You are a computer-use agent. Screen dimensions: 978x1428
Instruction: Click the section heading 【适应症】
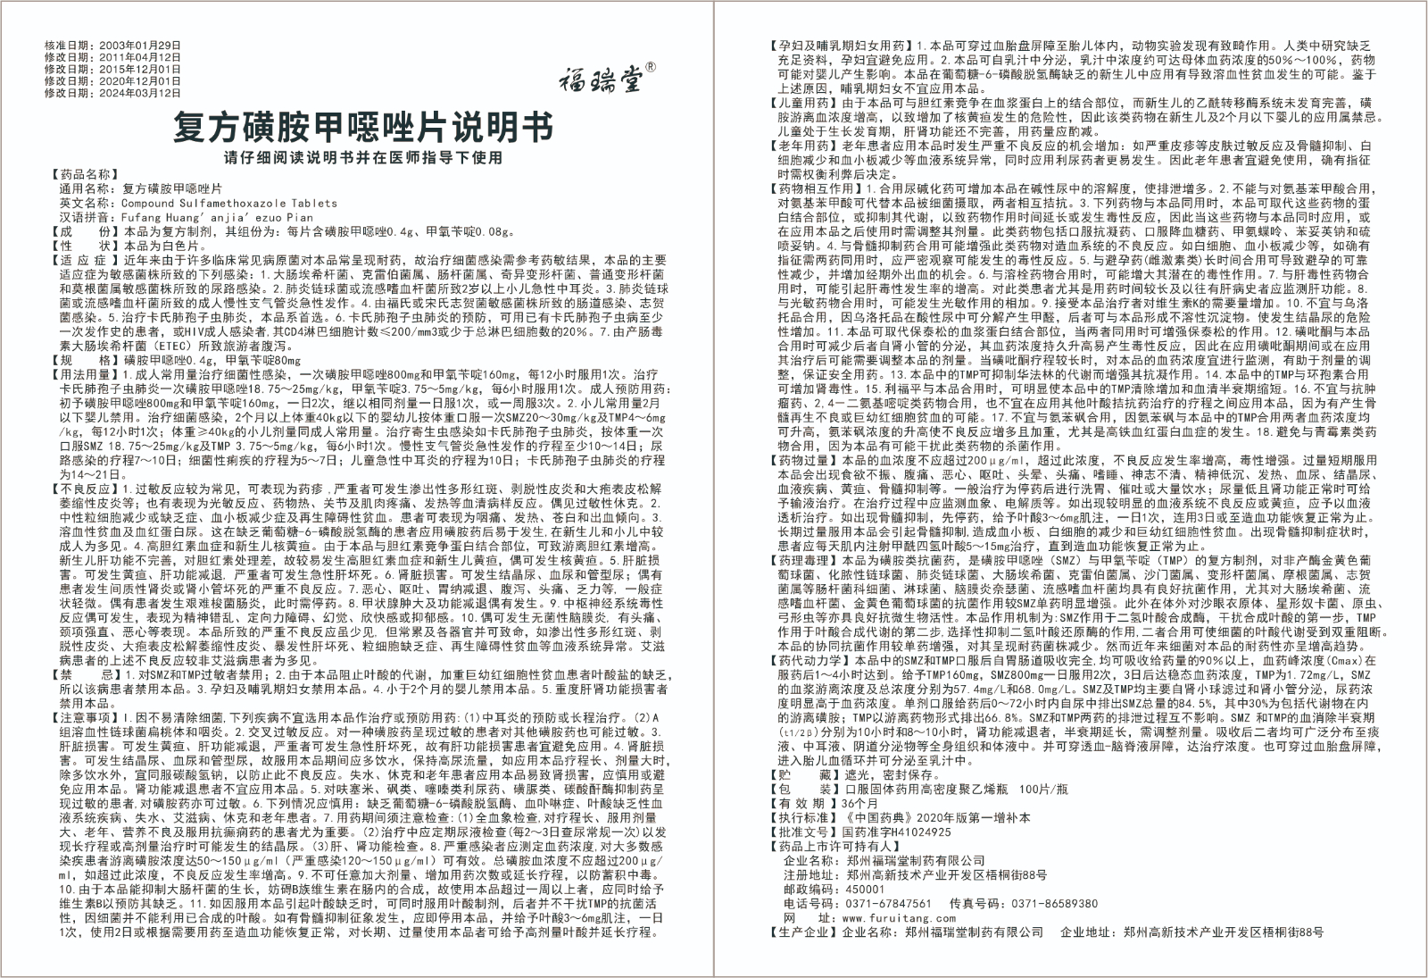86,260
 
